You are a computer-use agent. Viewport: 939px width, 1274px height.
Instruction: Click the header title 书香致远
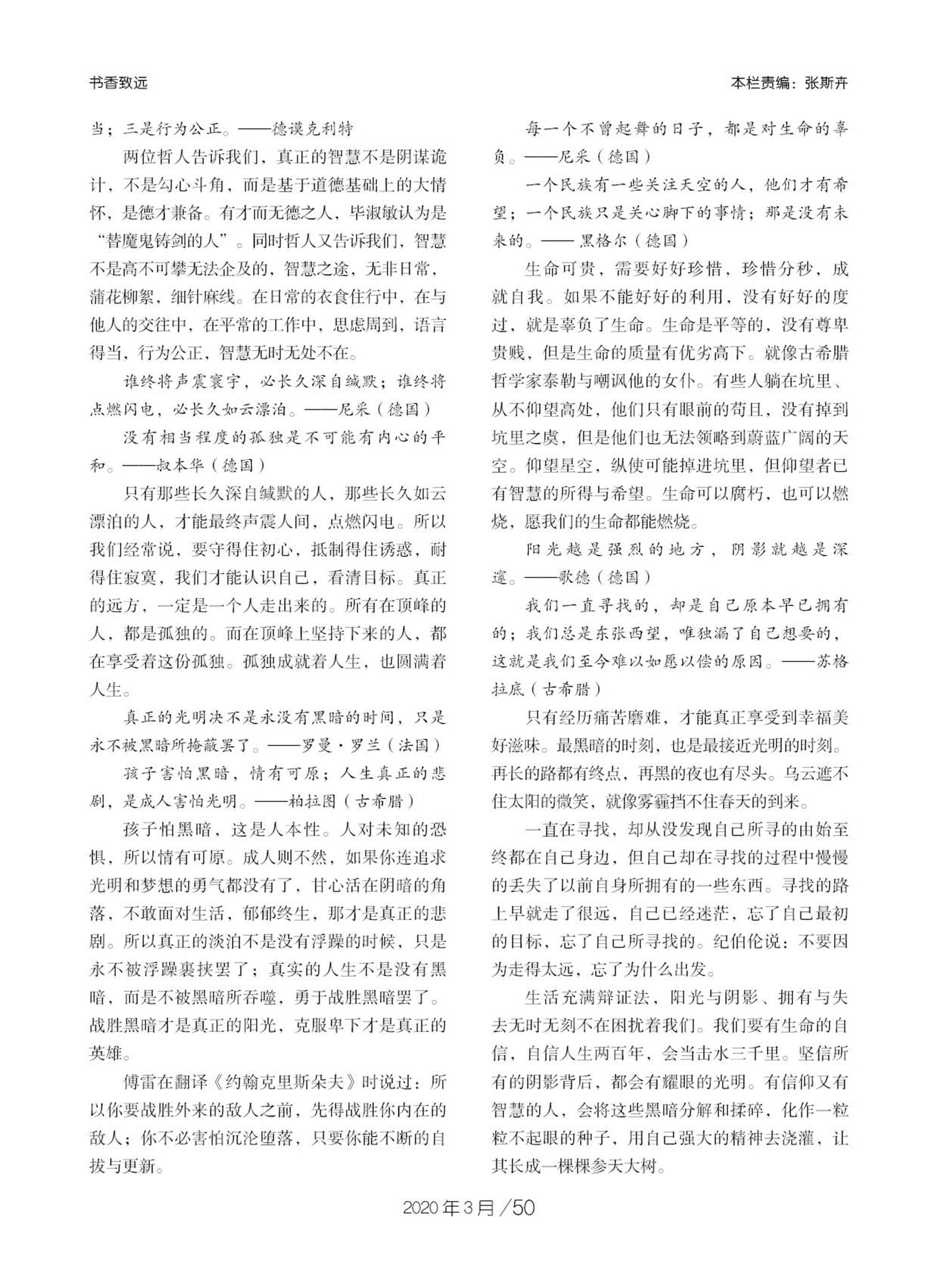pyautogui.click(x=118, y=83)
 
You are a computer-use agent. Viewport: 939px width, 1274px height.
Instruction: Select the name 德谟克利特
pyautogui.click(x=312, y=129)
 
